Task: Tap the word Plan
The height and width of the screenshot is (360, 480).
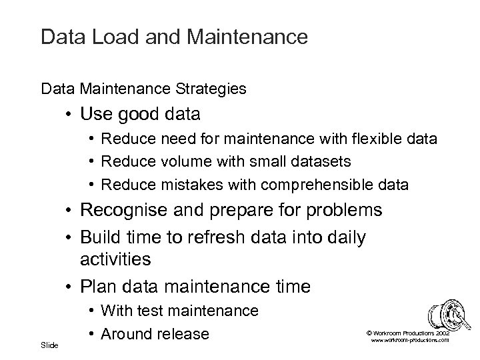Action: click(x=97, y=287)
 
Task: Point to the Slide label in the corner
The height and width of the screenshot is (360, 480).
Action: click(x=49, y=345)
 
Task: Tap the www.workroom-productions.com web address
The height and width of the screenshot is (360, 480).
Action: click(x=409, y=340)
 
